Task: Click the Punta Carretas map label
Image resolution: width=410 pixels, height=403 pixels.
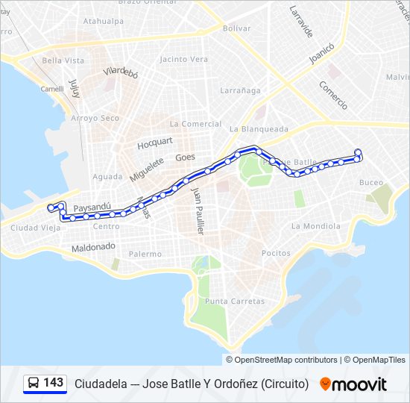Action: pos(235,302)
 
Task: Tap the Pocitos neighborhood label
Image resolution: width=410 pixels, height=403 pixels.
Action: pos(276,253)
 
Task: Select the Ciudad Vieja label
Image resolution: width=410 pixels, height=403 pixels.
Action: pos(34,228)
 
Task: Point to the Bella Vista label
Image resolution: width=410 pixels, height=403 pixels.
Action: pos(63,60)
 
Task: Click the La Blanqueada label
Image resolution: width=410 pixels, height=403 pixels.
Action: pos(259,128)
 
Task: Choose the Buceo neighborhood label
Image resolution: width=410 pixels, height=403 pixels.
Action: pos(371,182)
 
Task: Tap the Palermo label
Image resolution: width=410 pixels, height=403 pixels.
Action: pos(145,254)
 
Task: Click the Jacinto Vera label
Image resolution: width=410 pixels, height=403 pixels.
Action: pos(183,59)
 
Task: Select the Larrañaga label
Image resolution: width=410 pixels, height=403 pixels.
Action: pos(240,90)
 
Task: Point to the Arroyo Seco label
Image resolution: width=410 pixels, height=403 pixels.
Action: pos(95,118)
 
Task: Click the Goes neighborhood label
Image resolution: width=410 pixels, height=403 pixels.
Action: pos(185,157)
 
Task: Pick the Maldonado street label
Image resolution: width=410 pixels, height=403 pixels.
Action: pos(93,246)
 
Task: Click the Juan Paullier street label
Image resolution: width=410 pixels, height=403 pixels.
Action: pos(198,212)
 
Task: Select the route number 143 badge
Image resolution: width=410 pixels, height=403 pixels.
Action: pos(54,383)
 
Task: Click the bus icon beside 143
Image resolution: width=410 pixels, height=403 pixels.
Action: pos(34,384)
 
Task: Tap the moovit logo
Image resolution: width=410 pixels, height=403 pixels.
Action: pos(353,384)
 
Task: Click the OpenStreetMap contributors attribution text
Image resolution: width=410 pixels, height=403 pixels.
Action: pos(286,360)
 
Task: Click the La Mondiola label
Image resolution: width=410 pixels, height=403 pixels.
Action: pos(316,225)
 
